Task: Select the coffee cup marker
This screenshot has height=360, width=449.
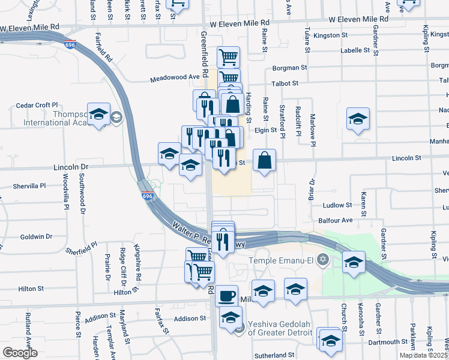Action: click(226, 296)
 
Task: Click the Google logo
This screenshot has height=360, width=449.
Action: click(20, 353)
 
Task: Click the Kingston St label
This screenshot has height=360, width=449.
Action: click(331, 35)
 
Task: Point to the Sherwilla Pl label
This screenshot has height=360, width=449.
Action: click(29, 186)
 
